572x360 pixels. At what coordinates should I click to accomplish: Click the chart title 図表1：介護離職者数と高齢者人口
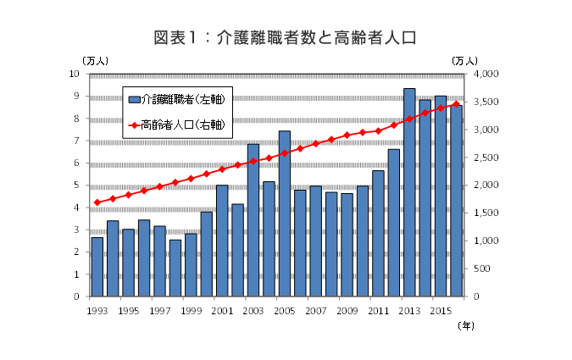coord(286,37)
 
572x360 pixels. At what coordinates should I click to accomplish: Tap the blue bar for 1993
coord(97,267)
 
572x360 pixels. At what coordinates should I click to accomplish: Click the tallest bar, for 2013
coord(409,192)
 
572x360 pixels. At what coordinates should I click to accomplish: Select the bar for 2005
coord(285,213)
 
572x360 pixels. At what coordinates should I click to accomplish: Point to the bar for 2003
coord(253,220)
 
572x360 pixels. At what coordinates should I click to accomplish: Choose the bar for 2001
coord(222,241)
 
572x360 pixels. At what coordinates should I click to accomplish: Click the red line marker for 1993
coord(97,202)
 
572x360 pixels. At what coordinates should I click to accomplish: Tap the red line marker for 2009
coord(347,136)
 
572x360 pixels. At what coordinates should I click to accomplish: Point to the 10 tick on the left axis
coord(75,75)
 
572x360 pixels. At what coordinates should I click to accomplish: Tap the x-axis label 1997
coord(160,311)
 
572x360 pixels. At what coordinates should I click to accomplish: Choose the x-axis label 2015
coord(441,311)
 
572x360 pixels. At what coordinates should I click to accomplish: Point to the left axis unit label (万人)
coord(94,60)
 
